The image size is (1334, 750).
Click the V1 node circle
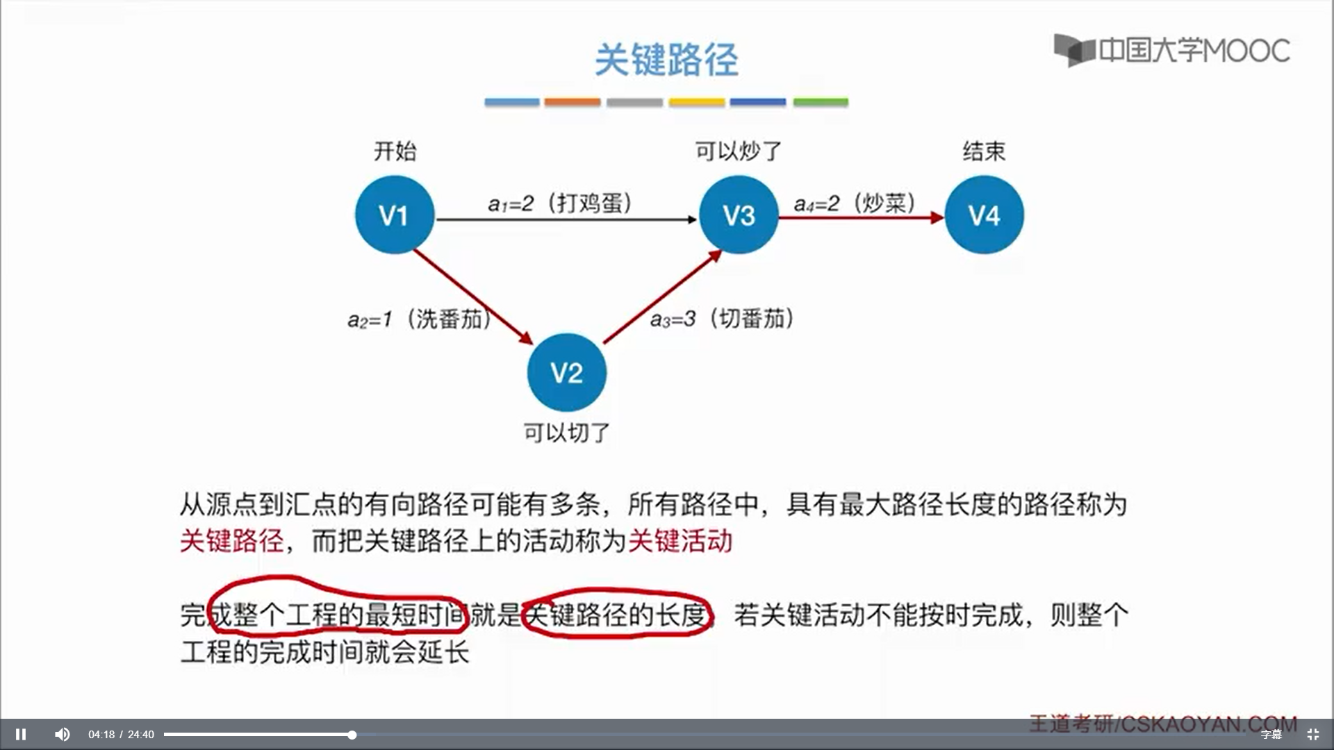click(395, 215)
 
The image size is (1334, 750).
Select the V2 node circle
click(566, 373)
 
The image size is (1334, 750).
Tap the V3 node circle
click(739, 215)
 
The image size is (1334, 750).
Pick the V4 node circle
click(984, 215)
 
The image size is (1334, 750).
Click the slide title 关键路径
click(666, 60)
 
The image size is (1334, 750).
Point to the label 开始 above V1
click(395, 151)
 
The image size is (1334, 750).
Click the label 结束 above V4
click(984, 151)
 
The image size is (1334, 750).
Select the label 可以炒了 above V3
click(739, 151)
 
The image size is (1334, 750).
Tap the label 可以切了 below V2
click(566, 433)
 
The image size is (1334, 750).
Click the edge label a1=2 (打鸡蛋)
click(560, 203)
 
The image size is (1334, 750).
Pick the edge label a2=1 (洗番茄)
click(420, 319)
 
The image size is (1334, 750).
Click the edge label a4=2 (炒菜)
click(855, 203)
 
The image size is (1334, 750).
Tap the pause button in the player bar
click(21, 734)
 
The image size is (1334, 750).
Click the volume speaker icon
click(62, 734)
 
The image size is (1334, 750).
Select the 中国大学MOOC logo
click(1171, 50)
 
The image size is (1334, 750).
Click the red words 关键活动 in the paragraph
click(680, 541)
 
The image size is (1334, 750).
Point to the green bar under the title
click(821, 102)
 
